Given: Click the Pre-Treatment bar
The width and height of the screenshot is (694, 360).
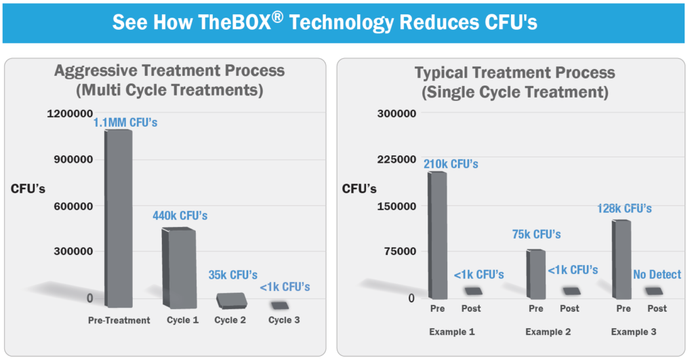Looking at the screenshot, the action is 119,218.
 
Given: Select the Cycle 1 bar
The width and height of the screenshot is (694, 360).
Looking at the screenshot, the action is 179,268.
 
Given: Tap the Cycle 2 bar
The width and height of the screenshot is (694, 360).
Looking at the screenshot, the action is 232,300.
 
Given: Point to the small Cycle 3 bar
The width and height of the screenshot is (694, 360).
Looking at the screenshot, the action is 280,305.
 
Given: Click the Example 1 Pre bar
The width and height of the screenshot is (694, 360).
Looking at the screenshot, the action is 437,235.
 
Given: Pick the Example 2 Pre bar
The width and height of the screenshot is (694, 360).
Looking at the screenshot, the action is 536,274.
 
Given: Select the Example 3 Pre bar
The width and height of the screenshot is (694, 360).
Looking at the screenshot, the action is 621,259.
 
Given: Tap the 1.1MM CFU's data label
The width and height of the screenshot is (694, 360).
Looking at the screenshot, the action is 125,122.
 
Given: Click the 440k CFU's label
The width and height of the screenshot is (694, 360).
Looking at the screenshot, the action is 180,216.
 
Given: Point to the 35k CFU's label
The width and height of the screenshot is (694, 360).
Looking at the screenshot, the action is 233,275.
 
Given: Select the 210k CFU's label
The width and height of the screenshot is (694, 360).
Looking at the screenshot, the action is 451,164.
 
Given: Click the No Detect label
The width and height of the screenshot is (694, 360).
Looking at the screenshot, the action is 657,275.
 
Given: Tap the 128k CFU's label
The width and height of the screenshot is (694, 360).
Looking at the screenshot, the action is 624,209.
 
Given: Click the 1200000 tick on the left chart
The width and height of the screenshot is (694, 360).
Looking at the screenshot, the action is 70,114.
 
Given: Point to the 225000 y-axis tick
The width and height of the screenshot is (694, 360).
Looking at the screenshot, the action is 396,159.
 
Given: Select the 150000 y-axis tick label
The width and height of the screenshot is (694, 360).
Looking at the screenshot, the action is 396,206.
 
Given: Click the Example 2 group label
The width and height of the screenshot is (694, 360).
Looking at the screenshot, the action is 548,332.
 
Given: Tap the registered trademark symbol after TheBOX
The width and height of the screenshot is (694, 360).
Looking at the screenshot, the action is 277,17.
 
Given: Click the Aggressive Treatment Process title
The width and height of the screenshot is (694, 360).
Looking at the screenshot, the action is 169,71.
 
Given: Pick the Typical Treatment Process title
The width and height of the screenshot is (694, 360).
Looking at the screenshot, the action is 515,73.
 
